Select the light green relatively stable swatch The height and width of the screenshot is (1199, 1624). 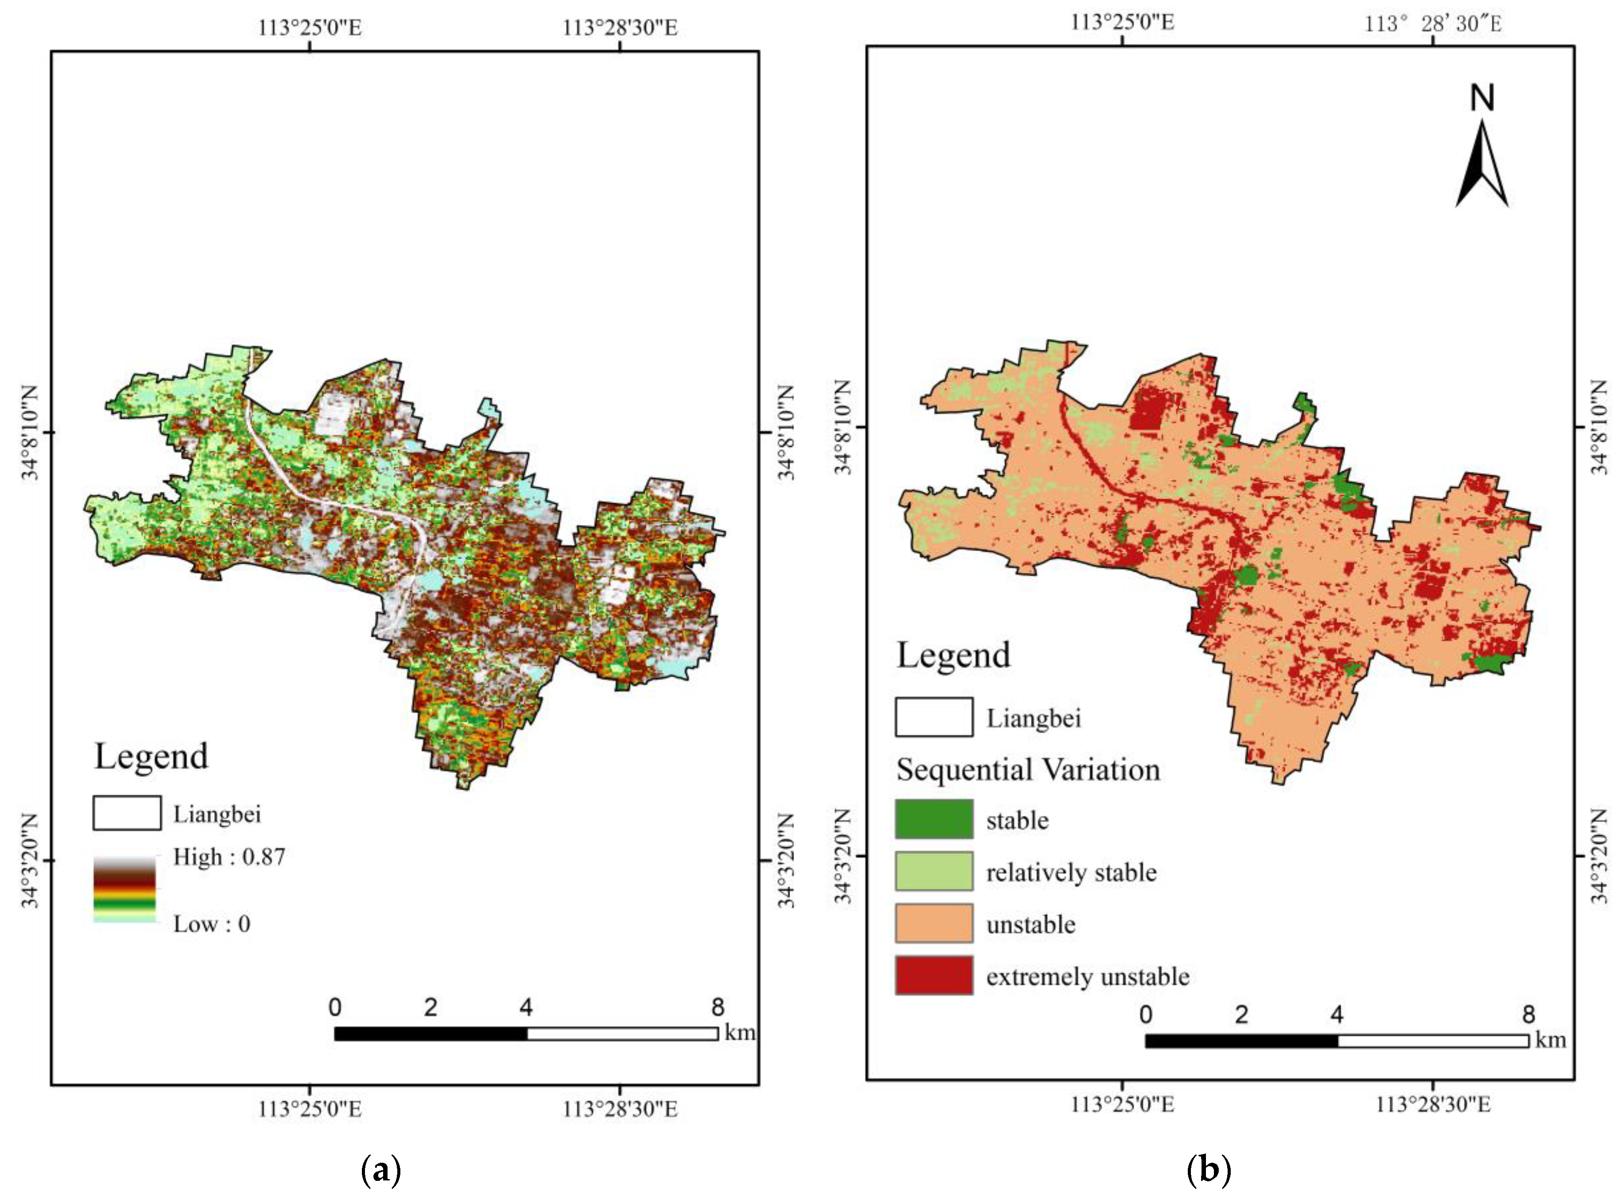(933, 871)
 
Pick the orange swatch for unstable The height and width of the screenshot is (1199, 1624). (933, 923)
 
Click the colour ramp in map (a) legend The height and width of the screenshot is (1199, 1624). (124, 889)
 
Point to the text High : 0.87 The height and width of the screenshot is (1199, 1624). (229, 857)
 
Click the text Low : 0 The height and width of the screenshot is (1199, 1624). (211, 924)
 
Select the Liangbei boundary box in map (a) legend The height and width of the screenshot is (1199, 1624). (127, 813)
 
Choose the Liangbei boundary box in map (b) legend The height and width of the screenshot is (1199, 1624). (933, 717)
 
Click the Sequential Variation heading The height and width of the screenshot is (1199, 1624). (1028, 770)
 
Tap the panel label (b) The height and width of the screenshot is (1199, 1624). (1208, 1170)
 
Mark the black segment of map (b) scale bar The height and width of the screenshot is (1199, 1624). (1241, 1041)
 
